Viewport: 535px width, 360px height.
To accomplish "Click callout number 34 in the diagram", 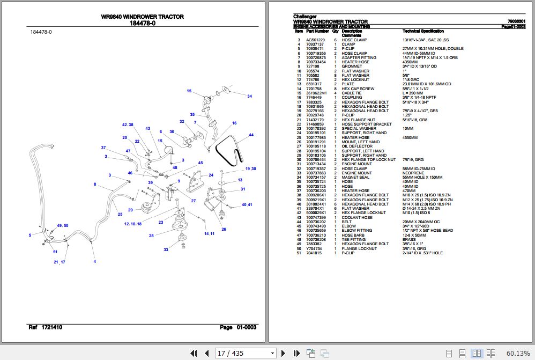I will [x=249, y=96].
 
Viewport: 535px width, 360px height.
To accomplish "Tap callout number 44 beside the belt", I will [x=251, y=135].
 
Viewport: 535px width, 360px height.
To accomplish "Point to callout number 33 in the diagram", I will [x=166, y=249].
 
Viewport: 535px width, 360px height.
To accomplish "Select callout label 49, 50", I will [x=63, y=225].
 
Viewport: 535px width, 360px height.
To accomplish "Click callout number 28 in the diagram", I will [x=151, y=236].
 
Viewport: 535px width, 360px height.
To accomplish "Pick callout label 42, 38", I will [x=127, y=124].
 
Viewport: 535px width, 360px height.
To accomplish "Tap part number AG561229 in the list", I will [x=315, y=40].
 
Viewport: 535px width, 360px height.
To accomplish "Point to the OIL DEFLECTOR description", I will [x=357, y=146].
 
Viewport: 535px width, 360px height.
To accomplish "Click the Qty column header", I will [x=335, y=31].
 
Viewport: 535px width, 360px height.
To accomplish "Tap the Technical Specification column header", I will [x=423, y=31].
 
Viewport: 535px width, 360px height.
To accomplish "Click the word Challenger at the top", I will [x=305, y=17].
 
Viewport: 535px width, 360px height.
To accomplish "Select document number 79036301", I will [x=516, y=21].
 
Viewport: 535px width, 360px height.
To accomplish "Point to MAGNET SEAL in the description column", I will [x=355, y=177].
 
